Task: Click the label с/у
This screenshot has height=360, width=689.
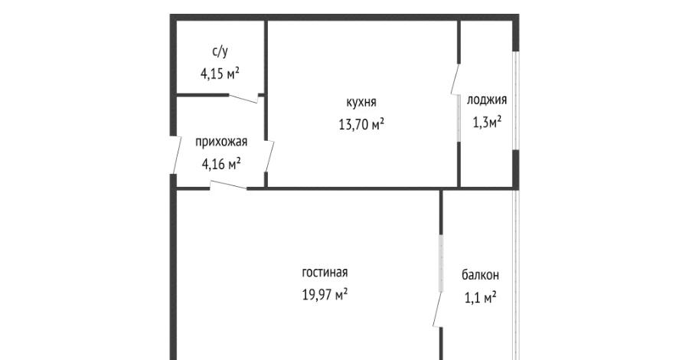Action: (220, 52)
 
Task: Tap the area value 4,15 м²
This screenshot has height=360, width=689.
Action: (220, 73)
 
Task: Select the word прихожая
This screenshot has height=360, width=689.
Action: (221, 142)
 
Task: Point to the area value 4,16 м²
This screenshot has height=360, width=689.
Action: (221, 164)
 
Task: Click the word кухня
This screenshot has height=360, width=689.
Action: (361, 103)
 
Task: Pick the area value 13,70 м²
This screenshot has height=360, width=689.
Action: (361, 124)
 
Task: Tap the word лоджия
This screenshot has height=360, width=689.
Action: (486, 100)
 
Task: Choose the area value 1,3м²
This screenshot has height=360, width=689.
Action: (487, 122)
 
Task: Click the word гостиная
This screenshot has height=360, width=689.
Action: (325, 272)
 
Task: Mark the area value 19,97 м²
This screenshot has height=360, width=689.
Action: (325, 293)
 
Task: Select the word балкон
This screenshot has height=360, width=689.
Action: (480, 276)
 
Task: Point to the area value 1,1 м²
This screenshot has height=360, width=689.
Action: (480, 298)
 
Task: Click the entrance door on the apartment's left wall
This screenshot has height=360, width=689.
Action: (177, 155)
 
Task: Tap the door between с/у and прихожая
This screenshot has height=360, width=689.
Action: (243, 99)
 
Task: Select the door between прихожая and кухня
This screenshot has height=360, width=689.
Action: (269, 156)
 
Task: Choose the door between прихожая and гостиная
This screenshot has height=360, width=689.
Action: (227, 185)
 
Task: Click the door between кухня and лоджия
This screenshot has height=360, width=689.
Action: (456, 79)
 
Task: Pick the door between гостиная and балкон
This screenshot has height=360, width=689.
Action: (437, 309)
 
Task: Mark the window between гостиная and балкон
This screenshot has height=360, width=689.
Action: (441, 263)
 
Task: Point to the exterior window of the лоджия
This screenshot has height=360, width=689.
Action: (517, 100)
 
